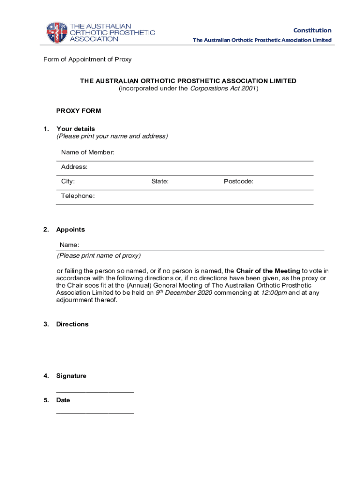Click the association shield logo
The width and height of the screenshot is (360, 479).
point(57,32)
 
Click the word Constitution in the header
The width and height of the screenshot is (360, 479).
point(312,30)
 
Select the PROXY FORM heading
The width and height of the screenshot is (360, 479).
point(79,111)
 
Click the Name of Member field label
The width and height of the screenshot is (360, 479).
point(87,152)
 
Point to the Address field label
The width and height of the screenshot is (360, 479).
point(74,167)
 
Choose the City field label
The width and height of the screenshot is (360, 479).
point(68,181)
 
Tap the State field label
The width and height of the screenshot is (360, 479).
point(160,181)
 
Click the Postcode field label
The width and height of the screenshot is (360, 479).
point(238,181)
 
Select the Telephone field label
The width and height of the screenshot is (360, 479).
point(78,196)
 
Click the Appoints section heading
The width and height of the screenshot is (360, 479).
point(71,230)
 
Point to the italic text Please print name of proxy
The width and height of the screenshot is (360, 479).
point(99,256)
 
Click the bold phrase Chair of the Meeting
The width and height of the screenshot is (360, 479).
point(268,271)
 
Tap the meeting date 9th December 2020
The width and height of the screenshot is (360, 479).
point(184,293)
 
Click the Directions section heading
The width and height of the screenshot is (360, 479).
point(72,324)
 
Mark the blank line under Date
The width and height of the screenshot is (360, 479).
point(95,413)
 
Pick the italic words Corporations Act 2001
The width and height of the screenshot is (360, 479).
point(223,88)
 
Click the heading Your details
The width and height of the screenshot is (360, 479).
point(75,129)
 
